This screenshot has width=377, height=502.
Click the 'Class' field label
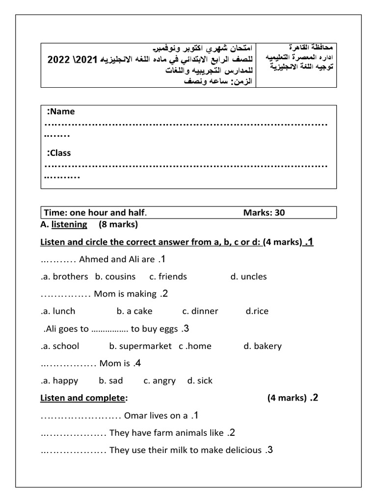pyautogui.click(x=59, y=153)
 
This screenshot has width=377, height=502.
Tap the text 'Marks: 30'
pyautogui.click(x=264, y=212)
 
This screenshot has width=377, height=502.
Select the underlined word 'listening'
pyautogui.click(x=69, y=225)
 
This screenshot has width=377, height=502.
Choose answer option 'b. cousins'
pyautogui.click(x=115, y=276)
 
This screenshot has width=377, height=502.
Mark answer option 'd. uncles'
pyautogui.click(x=248, y=276)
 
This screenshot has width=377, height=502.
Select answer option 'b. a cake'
pyautogui.click(x=135, y=311)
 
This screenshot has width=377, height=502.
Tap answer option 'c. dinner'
pyautogui.click(x=200, y=311)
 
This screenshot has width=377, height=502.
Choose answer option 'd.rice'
pyautogui.click(x=257, y=311)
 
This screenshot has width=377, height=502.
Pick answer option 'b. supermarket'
pyautogui.click(x=140, y=346)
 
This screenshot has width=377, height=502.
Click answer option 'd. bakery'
pyautogui.click(x=263, y=346)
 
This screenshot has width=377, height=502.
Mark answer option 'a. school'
pyautogui.click(x=60, y=346)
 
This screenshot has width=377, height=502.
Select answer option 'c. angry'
pyautogui.click(x=160, y=380)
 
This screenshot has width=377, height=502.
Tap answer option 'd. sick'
pyautogui.click(x=200, y=380)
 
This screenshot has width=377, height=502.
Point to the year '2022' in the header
pyautogui.click(x=59, y=60)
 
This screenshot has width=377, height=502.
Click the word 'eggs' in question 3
pyautogui.click(x=169, y=328)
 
